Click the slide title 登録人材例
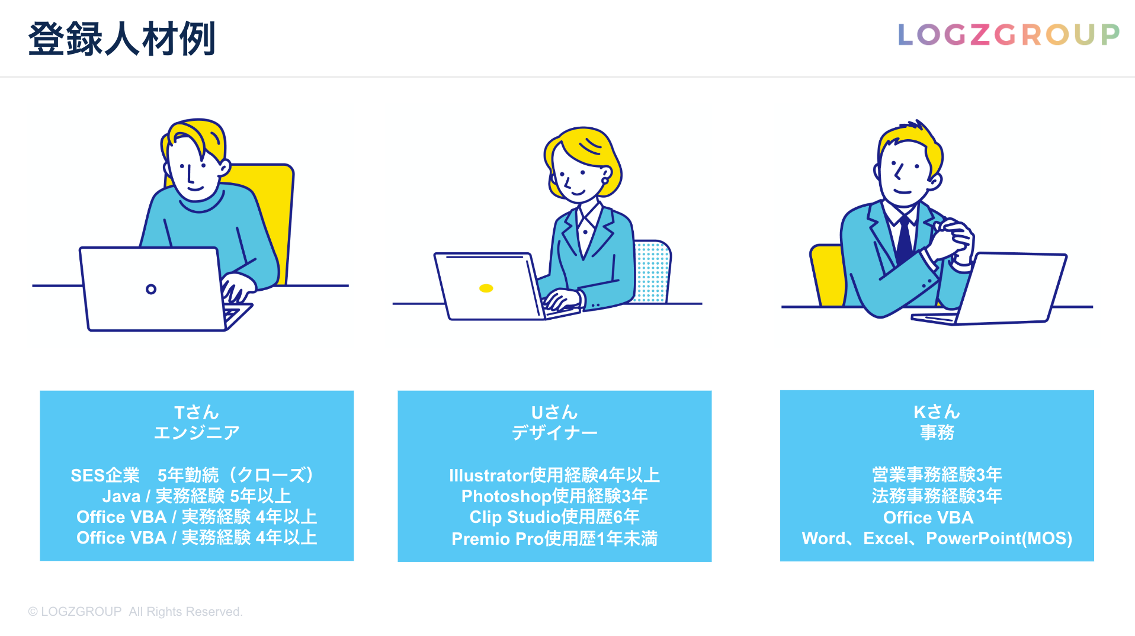[x=121, y=39]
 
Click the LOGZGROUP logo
[x=1008, y=34]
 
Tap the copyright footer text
[x=135, y=612]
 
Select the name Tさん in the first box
[x=197, y=412]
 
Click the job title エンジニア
[x=197, y=433]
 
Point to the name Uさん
[x=554, y=412]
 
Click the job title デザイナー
[x=554, y=433]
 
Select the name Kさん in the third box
[x=937, y=412]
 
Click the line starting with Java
[x=197, y=496]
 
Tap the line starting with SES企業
[x=193, y=475]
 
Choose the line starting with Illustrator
[x=554, y=475]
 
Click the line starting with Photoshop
[x=554, y=496]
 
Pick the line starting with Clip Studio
[x=554, y=517]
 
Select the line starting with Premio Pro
[x=554, y=538]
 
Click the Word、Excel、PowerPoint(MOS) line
[x=937, y=538]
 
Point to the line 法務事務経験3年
[x=937, y=496]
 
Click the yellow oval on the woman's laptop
[x=486, y=288]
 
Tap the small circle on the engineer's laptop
[x=151, y=289]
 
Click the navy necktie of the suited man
[x=905, y=240]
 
